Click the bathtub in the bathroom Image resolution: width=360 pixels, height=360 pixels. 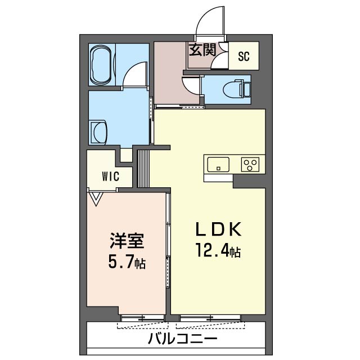[102, 65]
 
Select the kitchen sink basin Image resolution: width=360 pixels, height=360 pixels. [218, 164]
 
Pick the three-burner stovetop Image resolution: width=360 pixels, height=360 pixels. [250, 164]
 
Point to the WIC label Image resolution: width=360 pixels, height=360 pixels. [111, 177]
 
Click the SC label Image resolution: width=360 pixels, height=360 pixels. [244, 56]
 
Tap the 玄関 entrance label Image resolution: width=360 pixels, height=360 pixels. [202, 50]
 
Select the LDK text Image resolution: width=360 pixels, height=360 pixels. [218, 229]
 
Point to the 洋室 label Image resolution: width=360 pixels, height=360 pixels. [127, 241]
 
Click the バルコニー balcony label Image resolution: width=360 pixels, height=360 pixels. [183, 339]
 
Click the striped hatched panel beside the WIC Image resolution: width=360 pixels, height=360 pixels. [143, 169]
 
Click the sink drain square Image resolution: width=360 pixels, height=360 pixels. [218, 169]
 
